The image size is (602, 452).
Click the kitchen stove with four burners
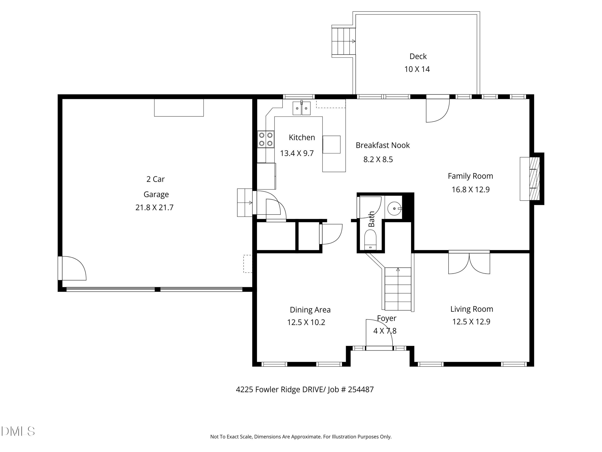pyautogui.click(x=266, y=139)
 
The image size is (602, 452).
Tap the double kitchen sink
pyautogui.click(x=302, y=108)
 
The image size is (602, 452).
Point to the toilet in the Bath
pyautogui.click(x=370, y=239)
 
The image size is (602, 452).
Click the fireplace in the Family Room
pyautogui.click(x=532, y=179)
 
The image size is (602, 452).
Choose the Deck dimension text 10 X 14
pyautogui.click(x=417, y=69)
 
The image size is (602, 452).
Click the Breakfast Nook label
pyautogui.click(x=383, y=145)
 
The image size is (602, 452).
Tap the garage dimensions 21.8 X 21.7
pyautogui.click(x=154, y=208)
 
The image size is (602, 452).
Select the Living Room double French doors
pyautogui.click(x=469, y=262)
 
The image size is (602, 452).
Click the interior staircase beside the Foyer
pyautogui.click(x=398, y=289)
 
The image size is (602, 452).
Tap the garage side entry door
pyautogui.click(x=72, y=268)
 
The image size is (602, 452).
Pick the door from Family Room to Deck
pyautogui.click(x=438, y=108)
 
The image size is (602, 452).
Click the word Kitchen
pyautogui.click(x=302, y=137)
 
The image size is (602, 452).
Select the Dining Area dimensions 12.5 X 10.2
pyautogui.click(x=306, y=322)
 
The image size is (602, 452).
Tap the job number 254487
pyautogui.click(x=361, y=389)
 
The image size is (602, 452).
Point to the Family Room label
pyautogui.click(x=470, y=176)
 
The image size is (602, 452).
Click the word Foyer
pyautogui.click(x=386, y=318)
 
